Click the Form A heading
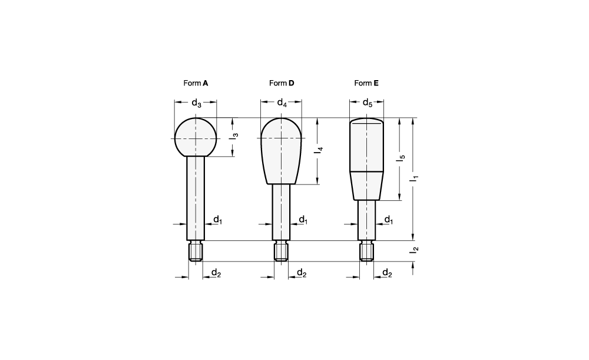pos(196,83)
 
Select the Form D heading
pos(282,83)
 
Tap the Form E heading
pos(366,83)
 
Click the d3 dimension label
pos(197,103)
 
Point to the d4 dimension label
pos(282,103)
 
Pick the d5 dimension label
pos(368,103)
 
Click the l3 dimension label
pos(234,136)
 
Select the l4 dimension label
pos(319,150)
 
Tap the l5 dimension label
pos(402,158)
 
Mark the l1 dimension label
pos(415,179)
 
